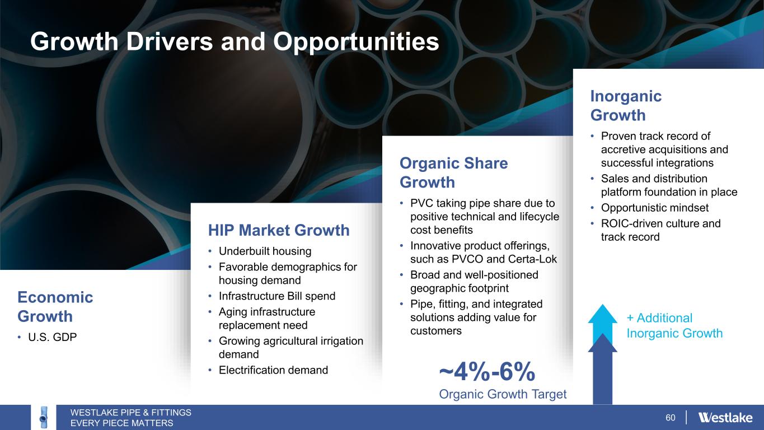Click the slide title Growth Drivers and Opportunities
(x=235, y=41)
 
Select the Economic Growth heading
(x=55, y=307)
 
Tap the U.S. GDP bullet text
(x=52, y=337)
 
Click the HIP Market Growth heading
(x=279, y=230)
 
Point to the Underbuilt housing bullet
(x=265, y=251)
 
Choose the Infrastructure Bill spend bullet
(x=277, y=296)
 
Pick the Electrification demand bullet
(x=273, y=370)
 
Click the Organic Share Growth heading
(x=453, y=172)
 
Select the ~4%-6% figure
(x=487, y=372)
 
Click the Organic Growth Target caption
(x=503, y=394)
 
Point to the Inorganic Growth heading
(x=626, y=105)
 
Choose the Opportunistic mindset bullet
(x=654, y=208)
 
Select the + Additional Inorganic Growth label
(x=674, y=325)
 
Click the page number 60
(x=670, y=418)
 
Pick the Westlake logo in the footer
(x=725, y=417)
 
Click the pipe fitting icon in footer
(x=43, y=417)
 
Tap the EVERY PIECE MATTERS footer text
(x=122, y=423)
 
